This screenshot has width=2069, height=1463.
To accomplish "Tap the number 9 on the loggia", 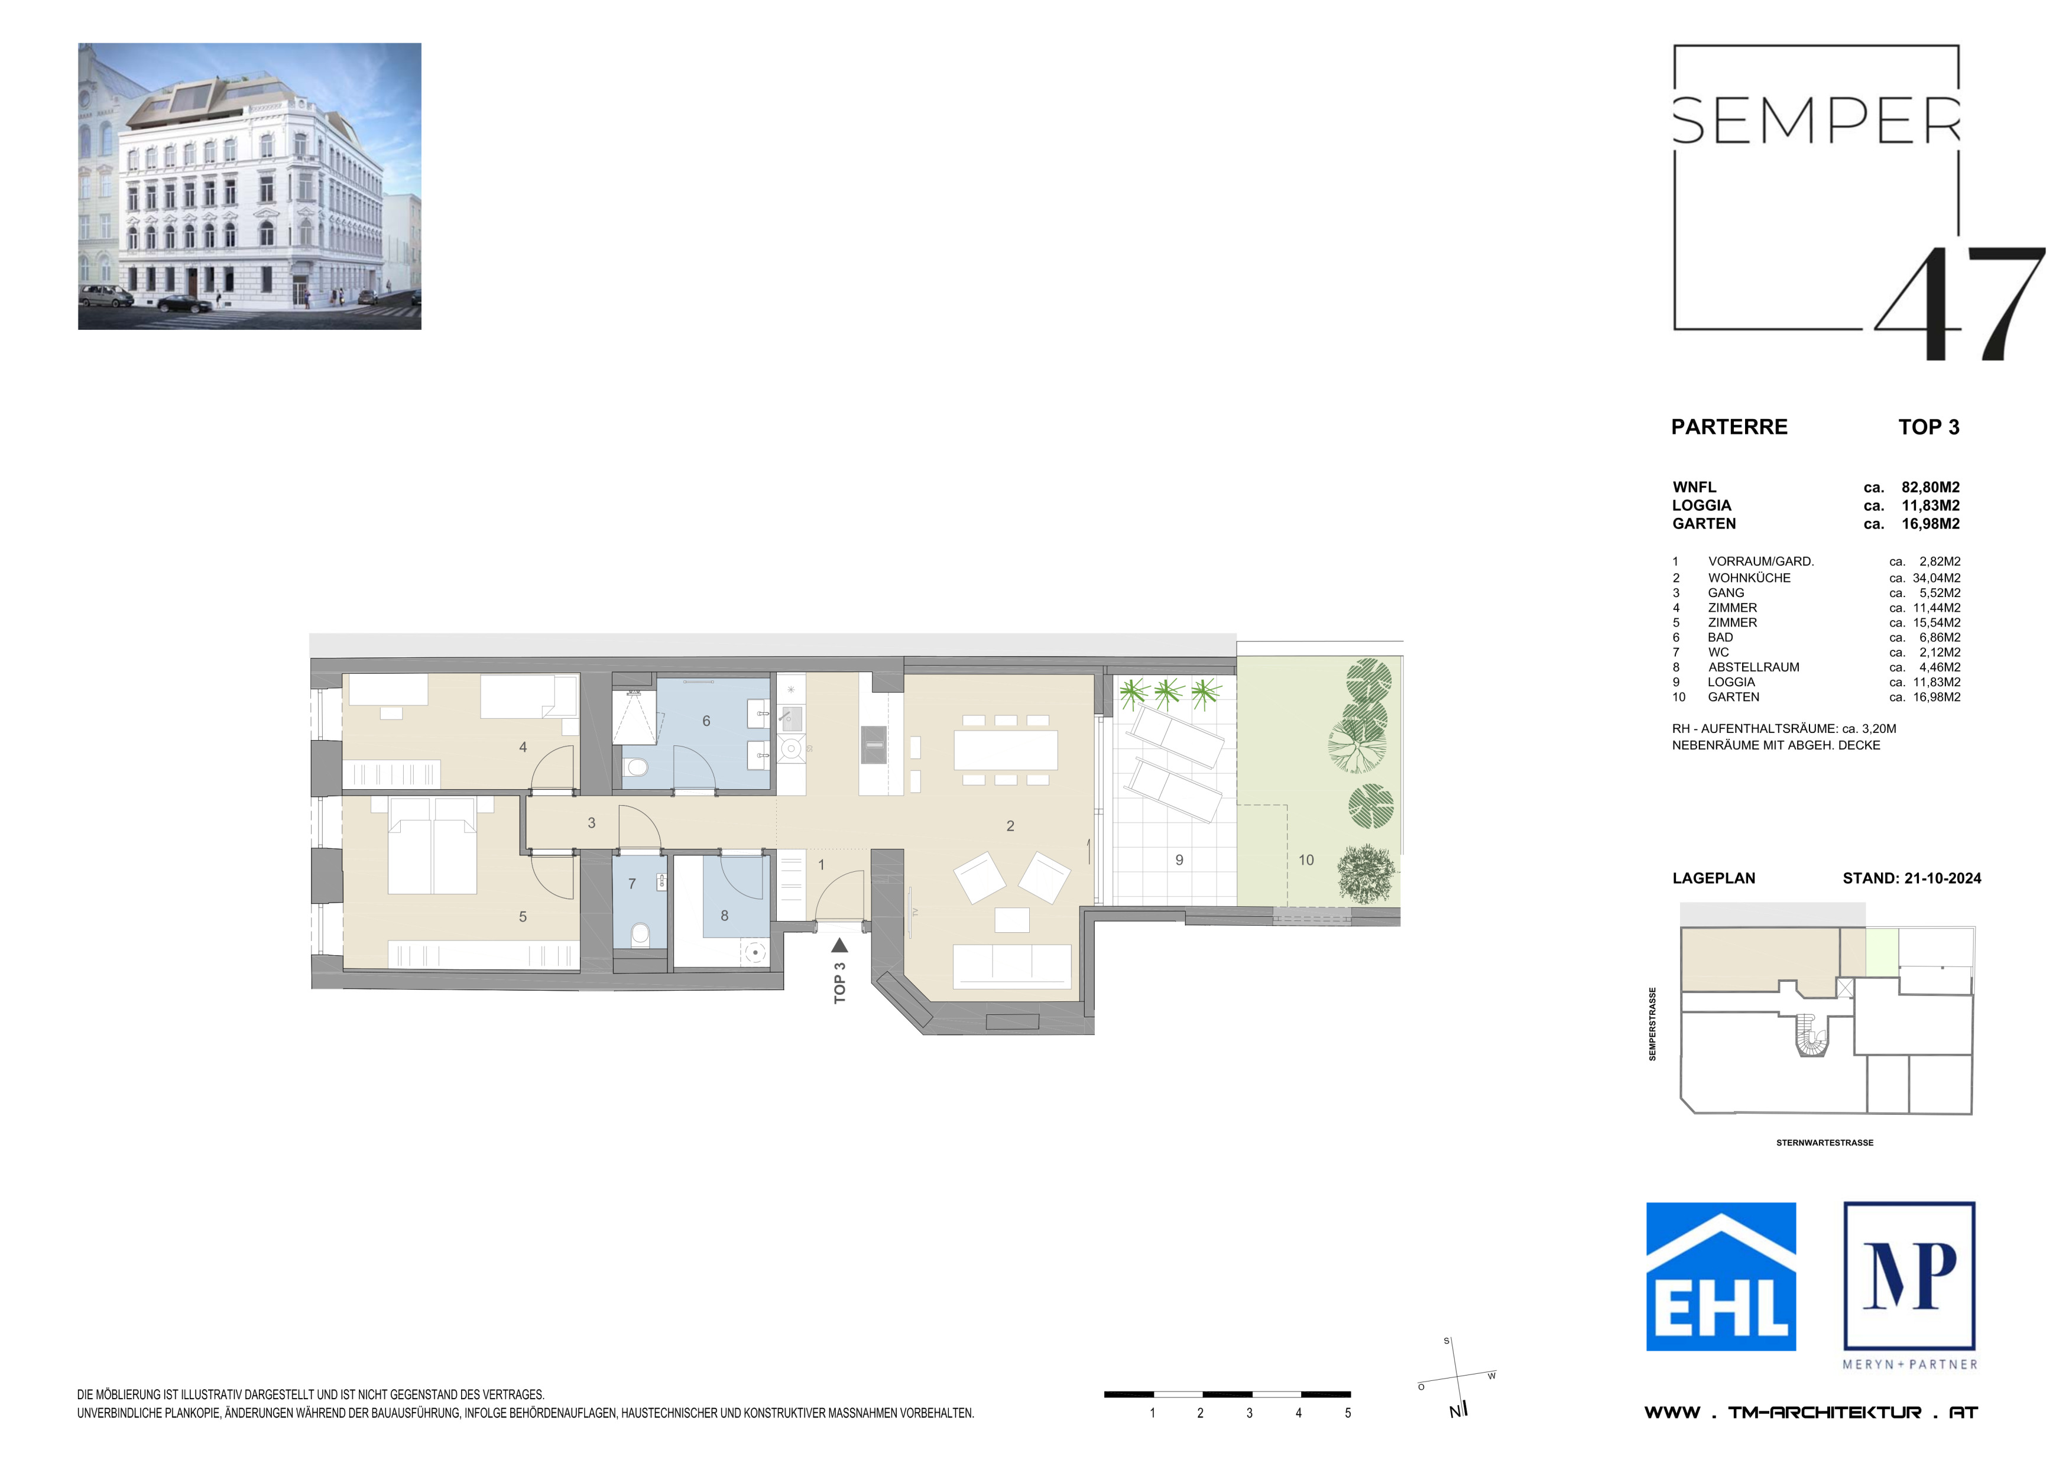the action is click(1179, 860).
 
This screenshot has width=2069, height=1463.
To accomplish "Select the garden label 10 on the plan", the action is click(1306, 860).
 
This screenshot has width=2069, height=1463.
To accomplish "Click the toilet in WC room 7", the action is click(640, 934).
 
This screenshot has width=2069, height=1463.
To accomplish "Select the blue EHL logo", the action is click(1721, 1277).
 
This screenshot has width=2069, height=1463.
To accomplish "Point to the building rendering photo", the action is click(249, 186).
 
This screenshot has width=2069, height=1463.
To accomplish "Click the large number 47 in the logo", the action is click(1960, 304).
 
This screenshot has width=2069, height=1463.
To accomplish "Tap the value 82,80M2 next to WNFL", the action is click(1930, 487).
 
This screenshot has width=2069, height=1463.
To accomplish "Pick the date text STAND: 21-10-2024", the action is click(1912, 878).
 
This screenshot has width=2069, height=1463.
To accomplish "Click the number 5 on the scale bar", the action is click(1348, 1413).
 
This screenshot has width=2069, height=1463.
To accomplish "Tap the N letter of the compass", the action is click(1454, 1412).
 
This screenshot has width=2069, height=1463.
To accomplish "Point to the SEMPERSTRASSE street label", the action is click(1653, 1024).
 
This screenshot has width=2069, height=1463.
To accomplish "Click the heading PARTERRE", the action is click(1729, 427).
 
